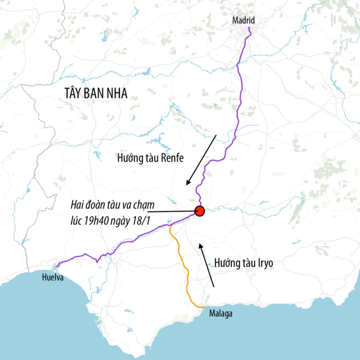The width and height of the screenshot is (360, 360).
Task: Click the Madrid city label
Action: pyautogui.click(x=244, y=20)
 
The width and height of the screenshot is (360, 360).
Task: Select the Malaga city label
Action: pyautogui.click(x=220, y=313)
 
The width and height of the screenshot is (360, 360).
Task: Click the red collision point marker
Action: pyautogui.click(x=200, y=211)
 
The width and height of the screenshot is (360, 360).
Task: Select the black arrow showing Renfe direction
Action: pyautogui.click(x=201, y=160)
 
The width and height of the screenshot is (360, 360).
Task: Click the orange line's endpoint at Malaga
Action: pyautogui.click(x=205, y=307)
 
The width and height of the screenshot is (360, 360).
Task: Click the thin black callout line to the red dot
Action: pyautogui.click(x=169, y=211)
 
